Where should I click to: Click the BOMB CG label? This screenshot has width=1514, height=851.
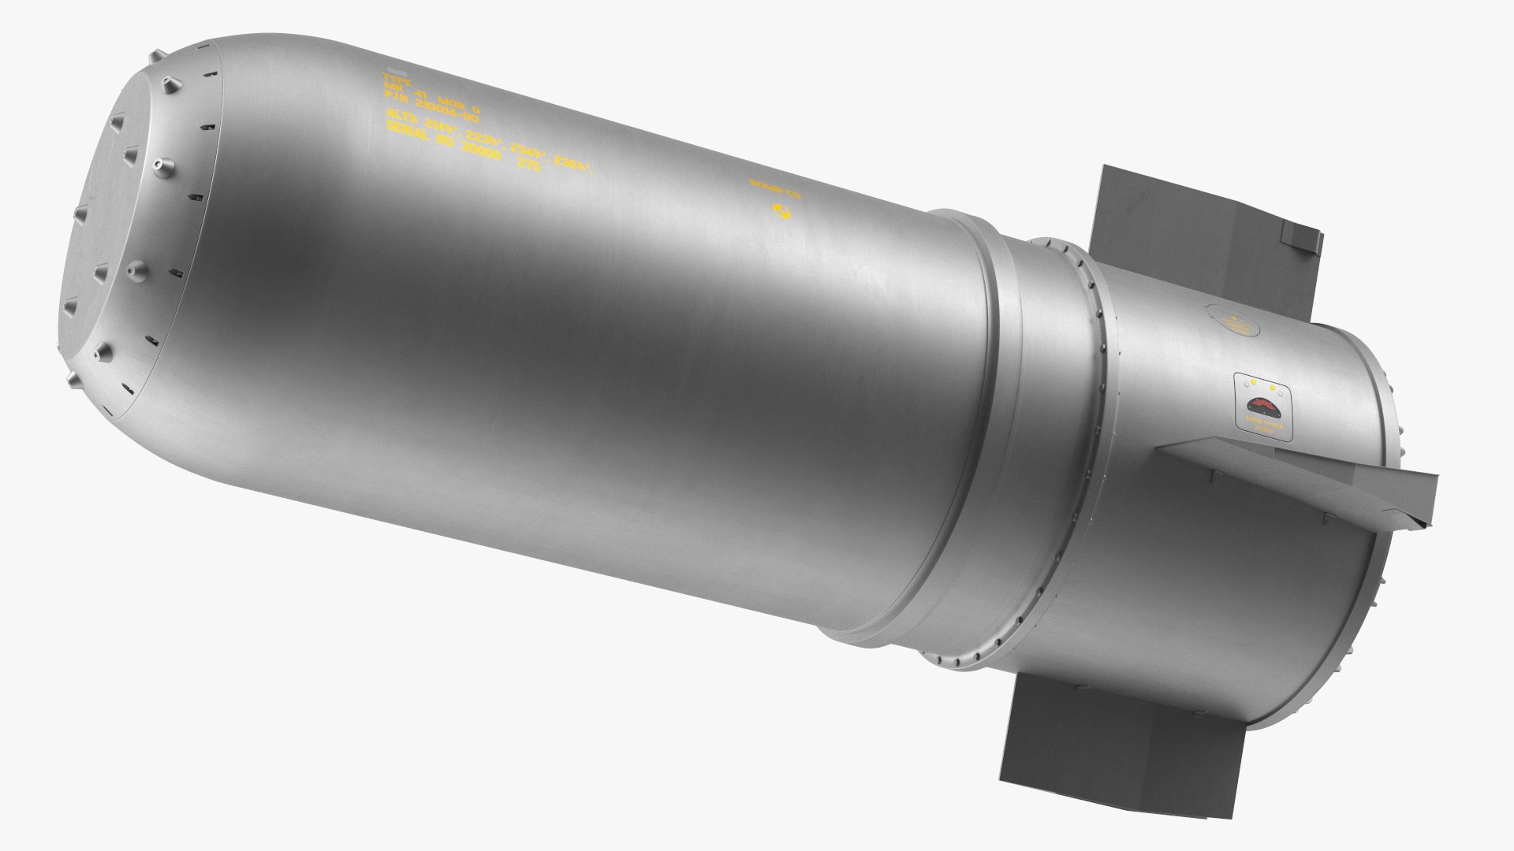(774, 188)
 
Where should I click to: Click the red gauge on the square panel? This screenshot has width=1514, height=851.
(1266, 407)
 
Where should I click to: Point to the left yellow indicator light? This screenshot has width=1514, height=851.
(1252, 384)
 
